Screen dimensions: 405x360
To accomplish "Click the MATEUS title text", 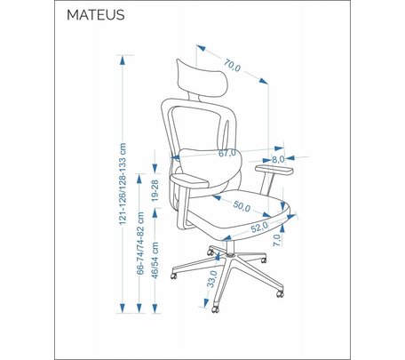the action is (96, 15).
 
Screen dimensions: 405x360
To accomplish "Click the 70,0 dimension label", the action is (232, 66).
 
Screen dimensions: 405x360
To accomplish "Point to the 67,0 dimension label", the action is (227, 153).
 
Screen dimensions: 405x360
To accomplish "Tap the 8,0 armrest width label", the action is (278, 159).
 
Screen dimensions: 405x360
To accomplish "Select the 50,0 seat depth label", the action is (242, 206).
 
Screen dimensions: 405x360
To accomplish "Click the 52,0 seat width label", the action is (259, 227).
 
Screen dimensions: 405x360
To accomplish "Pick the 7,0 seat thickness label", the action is (277, 240).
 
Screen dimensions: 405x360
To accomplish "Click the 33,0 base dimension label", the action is (212, 279).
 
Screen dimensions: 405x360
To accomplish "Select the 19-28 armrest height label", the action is (155, 190).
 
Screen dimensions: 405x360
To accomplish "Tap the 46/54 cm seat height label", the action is (155, 260).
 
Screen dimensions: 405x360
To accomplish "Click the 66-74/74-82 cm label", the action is (140, 244).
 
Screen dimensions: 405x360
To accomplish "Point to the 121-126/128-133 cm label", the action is (123, 184).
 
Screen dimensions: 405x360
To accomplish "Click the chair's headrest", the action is (202, 78).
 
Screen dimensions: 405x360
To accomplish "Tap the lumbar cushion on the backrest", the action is (210, 168).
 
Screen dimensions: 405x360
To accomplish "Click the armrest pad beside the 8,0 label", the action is (274, 170).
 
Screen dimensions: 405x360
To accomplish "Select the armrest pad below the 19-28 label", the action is (189, 180).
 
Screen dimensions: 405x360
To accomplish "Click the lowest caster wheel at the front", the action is (215, 309).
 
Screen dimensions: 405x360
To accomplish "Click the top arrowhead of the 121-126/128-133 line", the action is (123, 60).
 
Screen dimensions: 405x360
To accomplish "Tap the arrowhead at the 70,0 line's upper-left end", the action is (202, 48).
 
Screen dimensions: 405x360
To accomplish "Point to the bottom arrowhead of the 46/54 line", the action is (155, 308).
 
